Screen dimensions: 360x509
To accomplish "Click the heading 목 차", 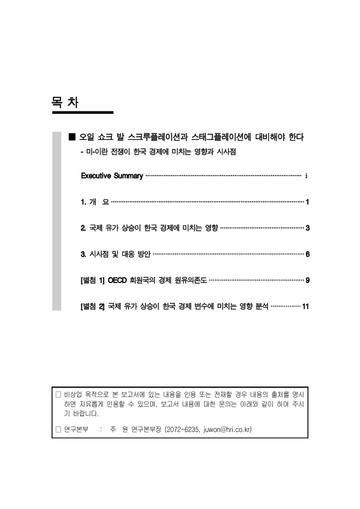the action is click(x=65, y=102).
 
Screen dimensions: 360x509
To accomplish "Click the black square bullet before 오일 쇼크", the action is click(x=72, y=137).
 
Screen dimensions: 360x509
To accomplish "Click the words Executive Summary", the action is click(x=112, y=176).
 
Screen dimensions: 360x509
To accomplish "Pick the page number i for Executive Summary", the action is click(x=307, y=176).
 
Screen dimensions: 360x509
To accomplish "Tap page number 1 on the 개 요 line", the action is click(x=307, y=202).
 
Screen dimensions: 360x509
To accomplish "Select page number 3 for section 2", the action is click(x=307, y=228).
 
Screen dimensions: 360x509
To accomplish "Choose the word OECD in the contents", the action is click(x=119, y=280).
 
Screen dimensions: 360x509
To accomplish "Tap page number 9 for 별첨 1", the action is click(x=307, y=280).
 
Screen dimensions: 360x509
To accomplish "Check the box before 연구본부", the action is click(x=59, y=429).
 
